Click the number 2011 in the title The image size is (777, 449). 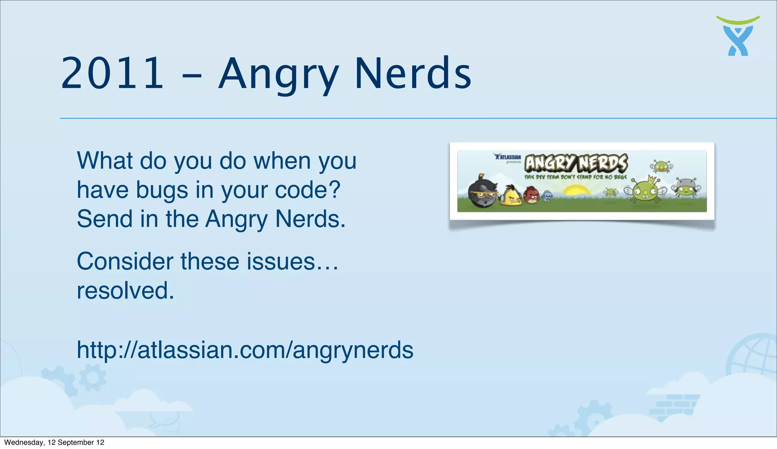(x=112, y=73)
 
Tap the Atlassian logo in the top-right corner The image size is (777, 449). (x=738, y=36)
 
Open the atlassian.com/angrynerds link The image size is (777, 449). (x=245, y=350)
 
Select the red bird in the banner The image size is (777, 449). (x=532, y=196)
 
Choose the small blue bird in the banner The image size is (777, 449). (x=547, y=196)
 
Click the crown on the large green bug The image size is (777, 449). (x=652, y=178)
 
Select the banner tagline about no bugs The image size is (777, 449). (x=575, y=177)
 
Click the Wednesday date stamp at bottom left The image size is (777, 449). (x=54, y=443)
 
